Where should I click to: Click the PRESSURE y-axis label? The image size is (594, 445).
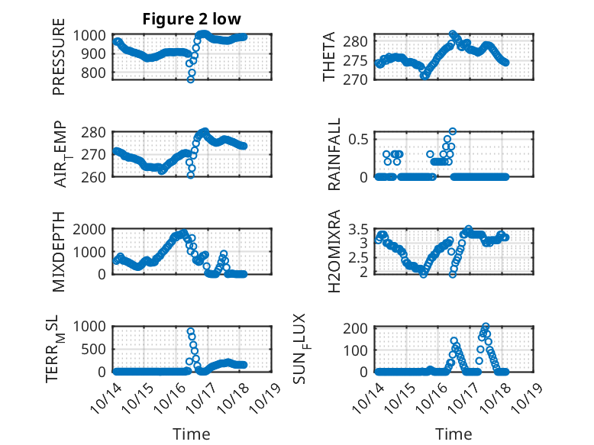(x=60, y=62)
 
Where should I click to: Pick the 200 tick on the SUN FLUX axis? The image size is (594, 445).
(x=360, y=328)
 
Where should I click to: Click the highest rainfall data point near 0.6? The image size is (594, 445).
(x=453, y=132)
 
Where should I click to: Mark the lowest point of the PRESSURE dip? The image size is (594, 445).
(x=191, y=79)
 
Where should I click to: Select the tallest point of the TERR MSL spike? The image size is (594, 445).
(x=191, y=331)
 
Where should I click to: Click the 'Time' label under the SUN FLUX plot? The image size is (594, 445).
(x=454, y=434)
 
